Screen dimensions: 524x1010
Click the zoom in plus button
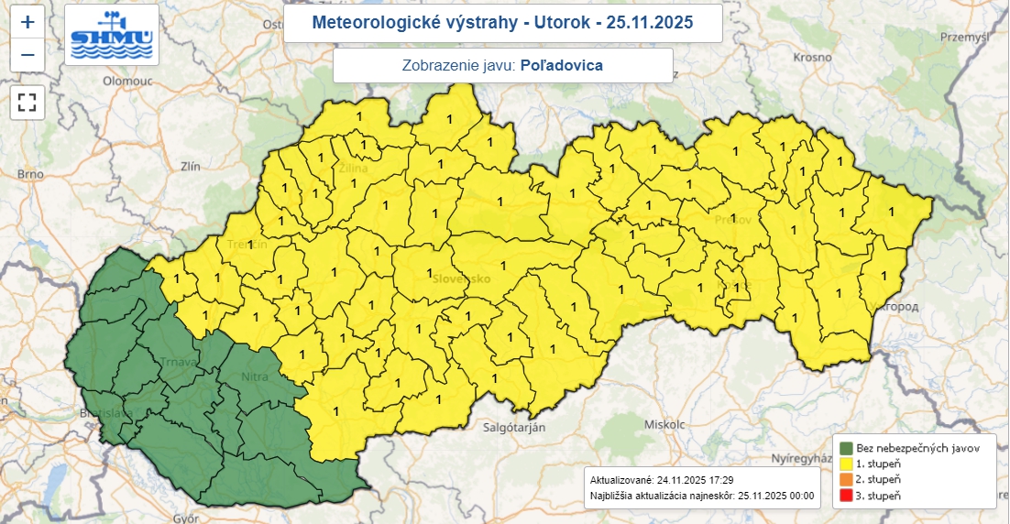[27, 21]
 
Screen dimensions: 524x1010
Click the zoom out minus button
[27, 55]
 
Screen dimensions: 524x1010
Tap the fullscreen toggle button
[27, 102]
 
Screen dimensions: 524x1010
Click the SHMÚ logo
[112, 35]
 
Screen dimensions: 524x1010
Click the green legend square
[846, 448]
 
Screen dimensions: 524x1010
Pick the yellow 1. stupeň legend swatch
[846, 464]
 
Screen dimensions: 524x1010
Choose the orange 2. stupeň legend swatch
[846, 479]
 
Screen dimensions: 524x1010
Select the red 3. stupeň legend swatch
[846, 496]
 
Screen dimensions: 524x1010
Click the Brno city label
[30, 174]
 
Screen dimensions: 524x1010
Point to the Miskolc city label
[664, 425]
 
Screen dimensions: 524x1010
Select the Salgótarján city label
[513, 428]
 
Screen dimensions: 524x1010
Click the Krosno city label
[811, 56]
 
